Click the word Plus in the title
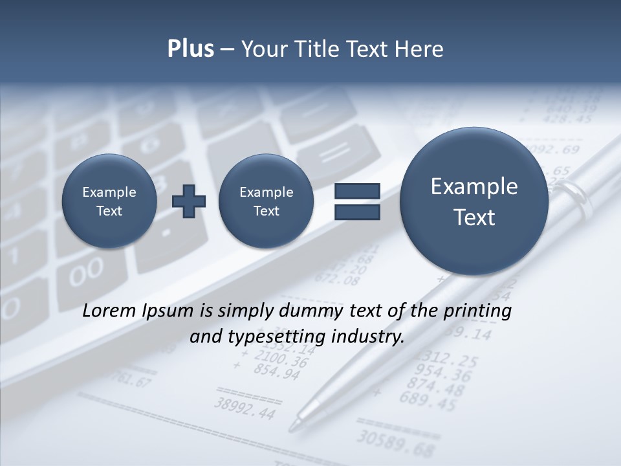[x=190, y=49]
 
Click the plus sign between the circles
[x=189, y=201]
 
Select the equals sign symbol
[x=357, y=201]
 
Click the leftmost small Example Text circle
[x=109, y=201]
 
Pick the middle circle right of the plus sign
[x=266, y=201]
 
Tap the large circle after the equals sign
[x=474, y=201]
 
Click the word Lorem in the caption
[x=109, y=311]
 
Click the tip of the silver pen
[x=292, y=427]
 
